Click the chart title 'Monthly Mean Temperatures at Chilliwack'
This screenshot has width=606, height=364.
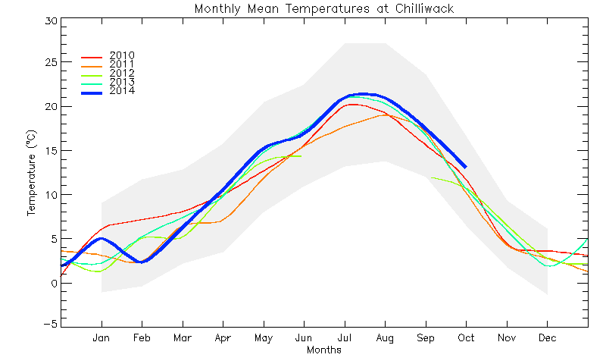324,8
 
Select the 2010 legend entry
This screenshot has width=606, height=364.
108,55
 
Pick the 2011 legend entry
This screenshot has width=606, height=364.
108,64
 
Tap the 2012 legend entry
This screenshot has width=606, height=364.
108,74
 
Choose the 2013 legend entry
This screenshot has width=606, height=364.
108,82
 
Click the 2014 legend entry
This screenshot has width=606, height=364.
108,91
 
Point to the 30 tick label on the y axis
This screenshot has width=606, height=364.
51,21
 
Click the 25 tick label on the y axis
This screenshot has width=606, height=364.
51,62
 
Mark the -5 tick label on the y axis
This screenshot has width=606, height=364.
50,324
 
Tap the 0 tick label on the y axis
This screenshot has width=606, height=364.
54,283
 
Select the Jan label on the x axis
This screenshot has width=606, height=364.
102,338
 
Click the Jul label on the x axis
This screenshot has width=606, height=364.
345,338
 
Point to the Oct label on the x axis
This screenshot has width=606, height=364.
466,338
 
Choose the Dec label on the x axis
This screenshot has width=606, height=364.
547,338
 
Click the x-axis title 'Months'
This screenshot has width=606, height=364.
324,350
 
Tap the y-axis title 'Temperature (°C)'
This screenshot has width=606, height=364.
31,173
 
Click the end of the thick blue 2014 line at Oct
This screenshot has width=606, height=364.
466,167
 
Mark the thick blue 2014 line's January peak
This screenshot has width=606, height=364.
102,239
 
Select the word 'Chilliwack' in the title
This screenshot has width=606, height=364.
425,8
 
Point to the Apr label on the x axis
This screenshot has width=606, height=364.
223,338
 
